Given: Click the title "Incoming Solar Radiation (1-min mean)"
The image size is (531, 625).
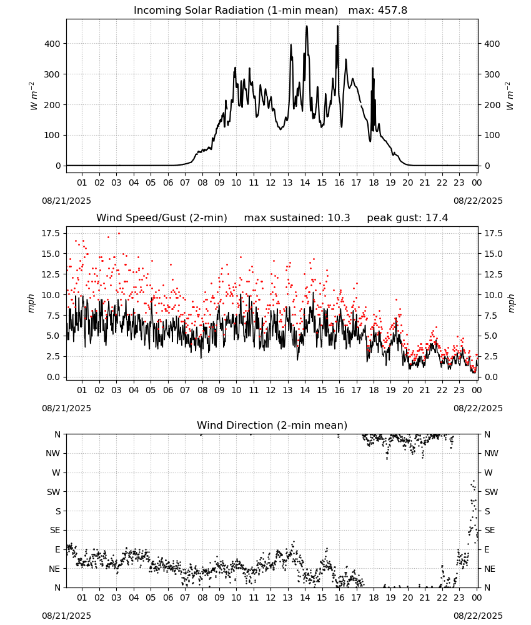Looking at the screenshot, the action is pyautogui.click(x=236, y=11).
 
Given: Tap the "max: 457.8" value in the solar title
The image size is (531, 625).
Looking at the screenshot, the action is pyautogui.click(x=378, y=11).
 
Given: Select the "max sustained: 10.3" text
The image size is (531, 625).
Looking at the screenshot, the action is pyautogui.click(x=297, y=218).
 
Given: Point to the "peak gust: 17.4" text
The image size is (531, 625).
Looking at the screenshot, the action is pyautogui.click(x=407, y=218).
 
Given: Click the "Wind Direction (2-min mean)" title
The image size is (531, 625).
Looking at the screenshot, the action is pyautogui.click(x=272, y=425).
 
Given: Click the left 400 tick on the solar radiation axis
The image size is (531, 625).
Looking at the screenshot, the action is pyautogui.click(x=52, y=44).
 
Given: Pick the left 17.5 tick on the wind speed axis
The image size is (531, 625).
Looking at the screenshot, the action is pyautogui.click(x=51, y=233).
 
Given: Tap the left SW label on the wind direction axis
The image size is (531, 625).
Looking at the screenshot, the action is pyautogui.click(x=54, y=492).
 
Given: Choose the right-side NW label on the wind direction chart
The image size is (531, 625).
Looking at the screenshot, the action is pyautogui.click(x=491, y=454).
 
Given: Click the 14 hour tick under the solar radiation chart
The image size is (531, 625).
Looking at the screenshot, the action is pyautogui.click(x=305, y=183).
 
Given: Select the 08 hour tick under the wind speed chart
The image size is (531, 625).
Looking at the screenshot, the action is pyautogui.click(x=202, y=390).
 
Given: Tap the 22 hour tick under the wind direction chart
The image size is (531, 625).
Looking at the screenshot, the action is pyautogui.click(x=442, y=598).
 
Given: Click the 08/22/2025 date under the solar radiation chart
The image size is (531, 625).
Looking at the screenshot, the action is pyautogui.click(x=478, y=201).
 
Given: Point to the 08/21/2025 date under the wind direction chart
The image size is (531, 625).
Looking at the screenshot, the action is pyautogui.click(x=66, y=616).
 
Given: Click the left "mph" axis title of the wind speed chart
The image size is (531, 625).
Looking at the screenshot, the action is pyautogui.click(x=31, y=303).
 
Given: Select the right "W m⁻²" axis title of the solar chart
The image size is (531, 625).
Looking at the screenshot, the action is pyautogui.click(x=510, y=96).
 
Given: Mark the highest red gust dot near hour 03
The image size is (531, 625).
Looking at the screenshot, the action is pyautogui.click(x=119, y=234).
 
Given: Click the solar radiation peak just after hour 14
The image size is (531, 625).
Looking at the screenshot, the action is pyautogui.click(x=307, y=26).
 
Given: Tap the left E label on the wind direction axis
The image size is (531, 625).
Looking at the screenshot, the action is pyautogui.click(x=57, y=549).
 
